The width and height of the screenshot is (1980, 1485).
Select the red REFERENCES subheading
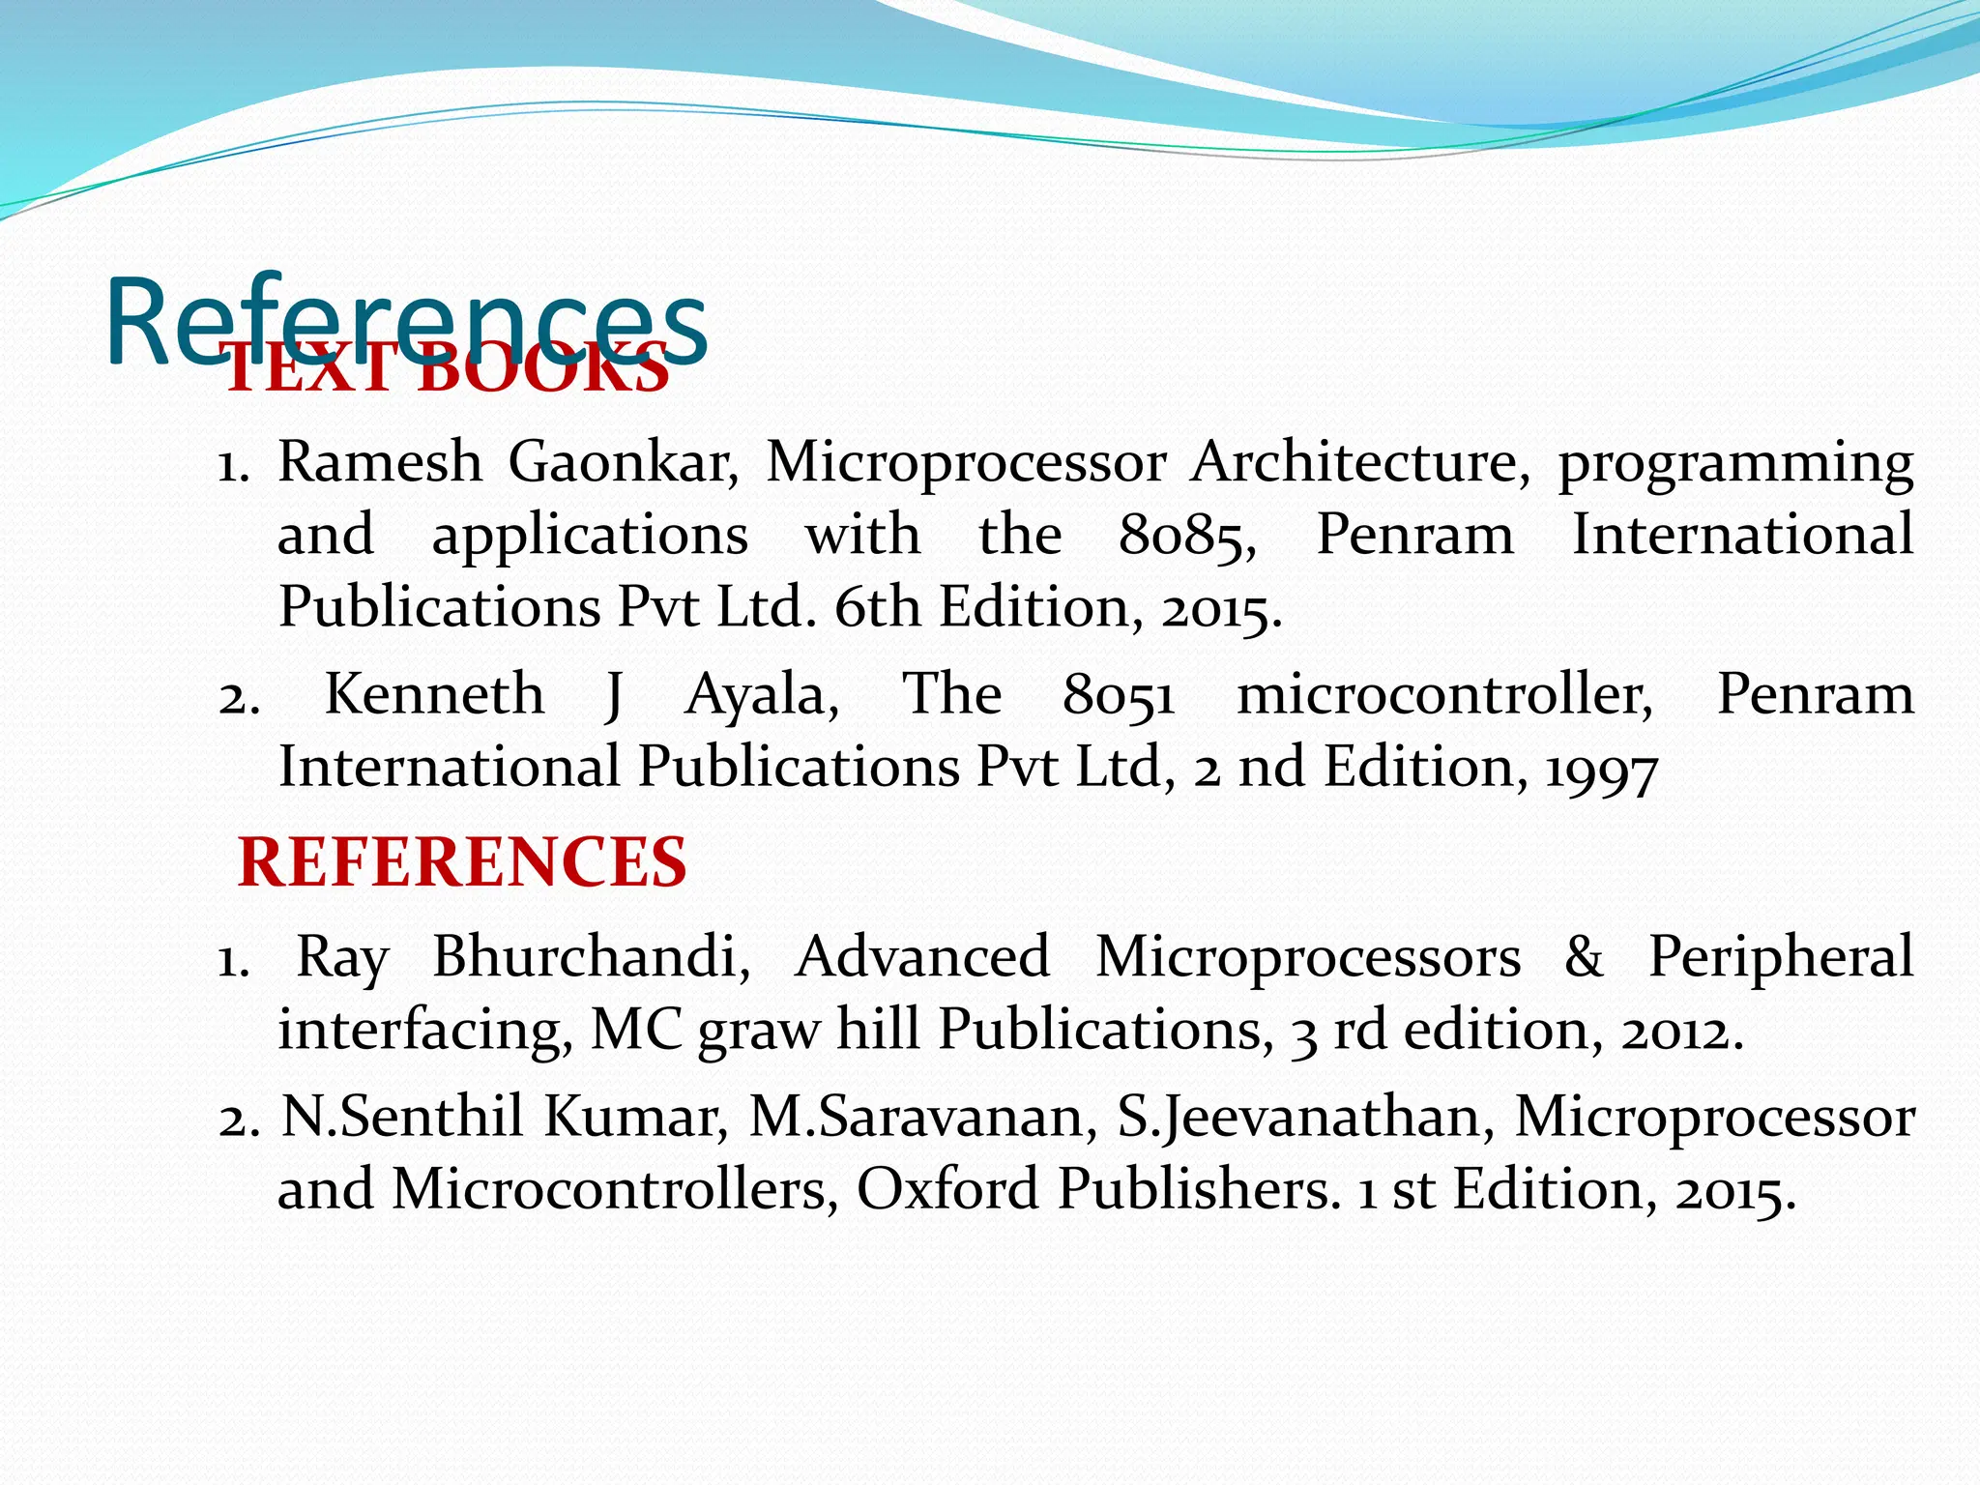tap(462, 861)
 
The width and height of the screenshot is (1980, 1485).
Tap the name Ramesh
tap(380, 461)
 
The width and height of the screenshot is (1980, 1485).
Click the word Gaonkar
tap(624, 461)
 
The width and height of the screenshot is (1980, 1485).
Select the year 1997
tap(1601, 769)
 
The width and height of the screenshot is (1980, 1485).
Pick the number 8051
tap(1119, 695)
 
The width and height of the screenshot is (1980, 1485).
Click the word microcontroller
tap(1444, 695)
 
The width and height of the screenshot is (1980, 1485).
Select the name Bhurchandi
tap(591, 956)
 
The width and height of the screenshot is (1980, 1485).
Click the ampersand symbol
tap(1584, 956)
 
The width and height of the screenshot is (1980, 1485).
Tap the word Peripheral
tap(1780, 958)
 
